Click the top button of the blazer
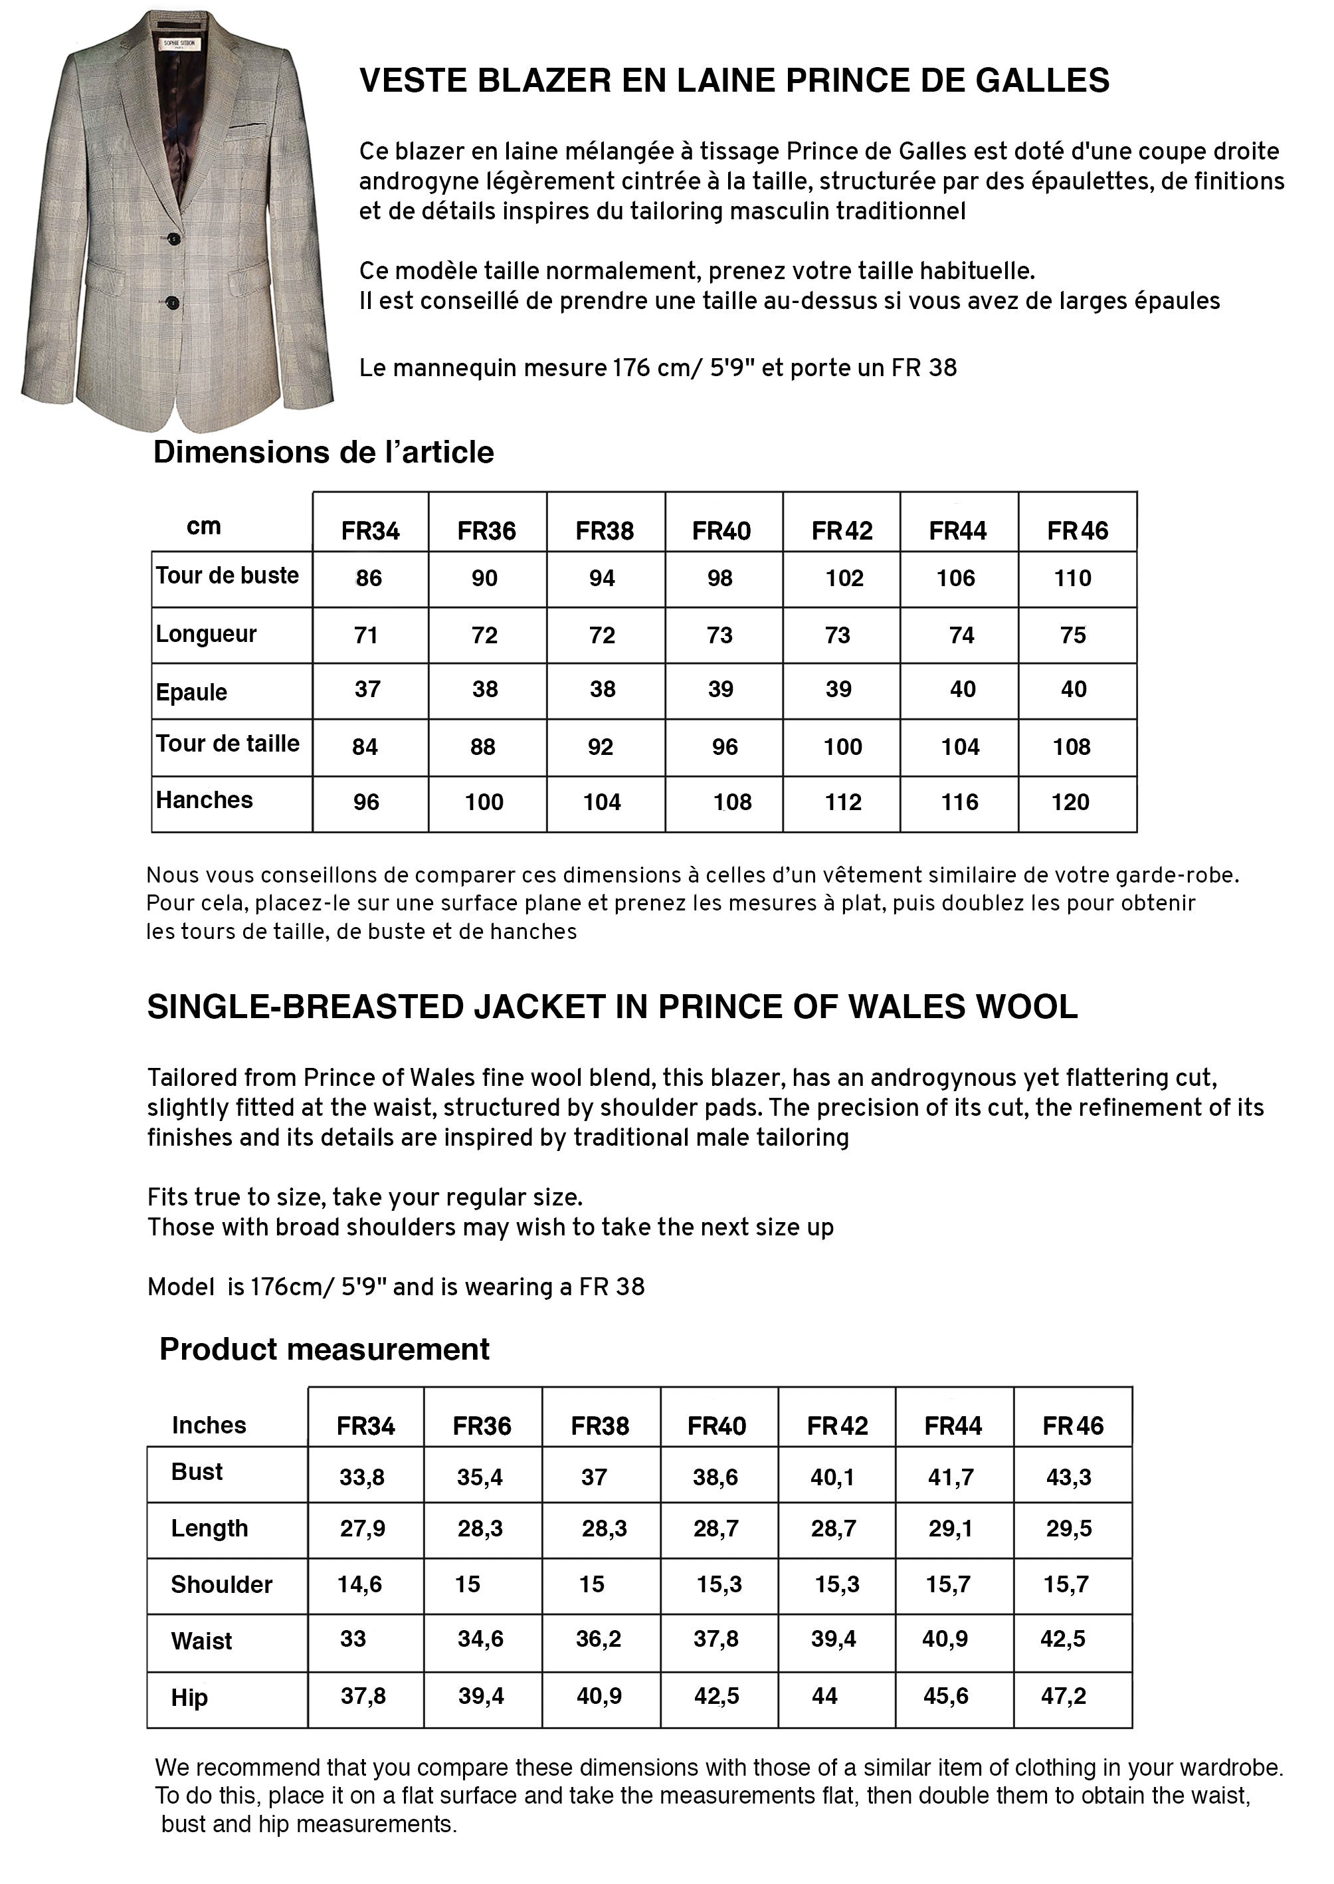pos(174,239)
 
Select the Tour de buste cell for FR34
pos(369,578)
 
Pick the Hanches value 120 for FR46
pos(1070,802)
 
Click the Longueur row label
pos(206,634)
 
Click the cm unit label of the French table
pos(204,527)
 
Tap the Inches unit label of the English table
pos(209,1425)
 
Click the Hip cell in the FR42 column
pos(824,1696)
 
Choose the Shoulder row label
pos(221,1584)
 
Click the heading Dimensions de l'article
pos(324,453)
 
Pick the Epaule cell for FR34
pos(367,689)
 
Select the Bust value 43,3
pos(1069,1477)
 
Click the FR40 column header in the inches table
pos(716,1425)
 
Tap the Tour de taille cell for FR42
pos(843,747)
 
